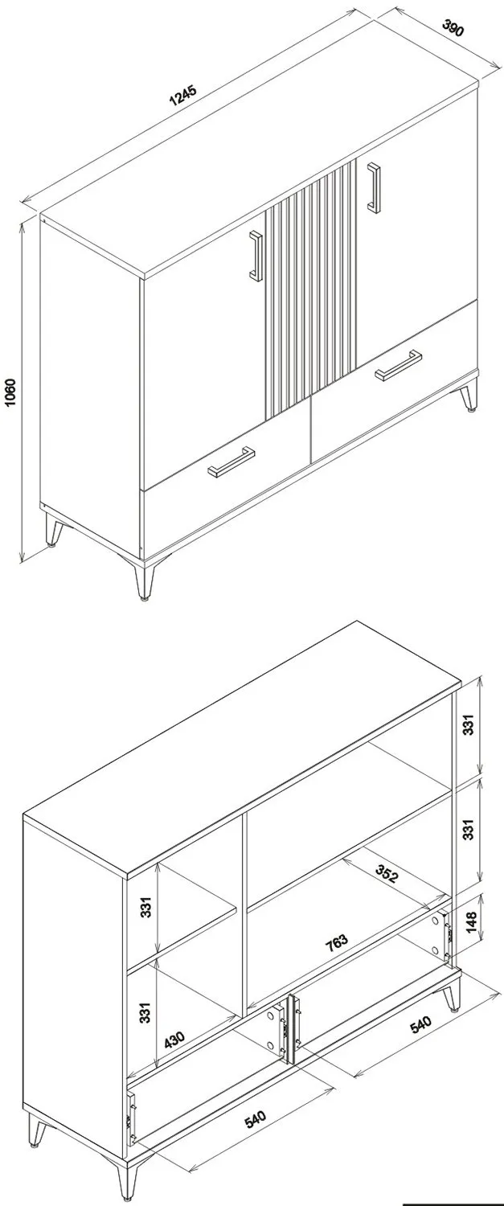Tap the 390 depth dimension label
pos(453,27)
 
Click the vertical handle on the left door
pos(256,255)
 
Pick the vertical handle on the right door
pos(374,187)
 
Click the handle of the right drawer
pos(399,365)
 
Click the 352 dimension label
pos(387,875)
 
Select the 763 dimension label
pos(337,941)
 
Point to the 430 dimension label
pos(174,1039)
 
